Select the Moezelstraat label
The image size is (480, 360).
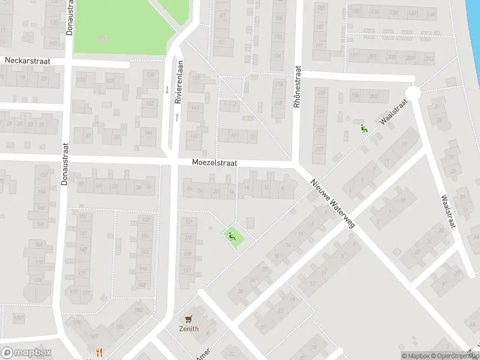tap(215, 163)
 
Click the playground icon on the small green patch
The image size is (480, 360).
tap(232, 236)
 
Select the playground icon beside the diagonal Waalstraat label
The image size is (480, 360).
tap(364, 128)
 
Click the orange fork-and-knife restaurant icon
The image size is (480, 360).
tap(99, 352)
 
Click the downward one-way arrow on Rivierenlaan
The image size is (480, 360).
tap(167, 89)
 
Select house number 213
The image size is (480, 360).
tap(428, 58)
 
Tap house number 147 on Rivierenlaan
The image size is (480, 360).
tap(194, 137)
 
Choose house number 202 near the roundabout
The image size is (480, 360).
tap(374, 97)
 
